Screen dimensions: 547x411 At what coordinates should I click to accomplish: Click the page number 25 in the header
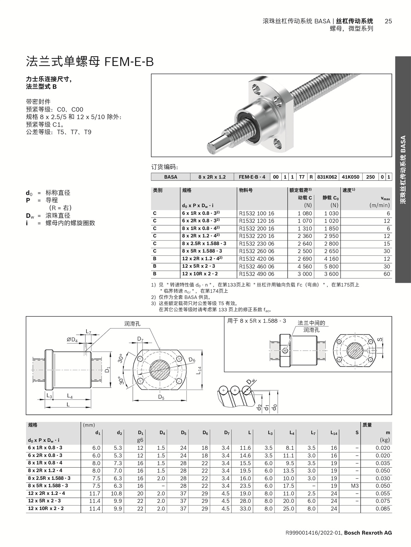[388, 21]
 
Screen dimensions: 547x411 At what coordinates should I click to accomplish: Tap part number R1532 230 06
[257, 244]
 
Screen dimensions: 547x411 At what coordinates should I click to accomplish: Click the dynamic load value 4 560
[304, 266]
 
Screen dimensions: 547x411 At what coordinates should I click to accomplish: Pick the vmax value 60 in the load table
[387, 274]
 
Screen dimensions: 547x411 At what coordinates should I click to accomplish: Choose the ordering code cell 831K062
[327, 177]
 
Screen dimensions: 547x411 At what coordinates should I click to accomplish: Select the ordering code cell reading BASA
[171, 177]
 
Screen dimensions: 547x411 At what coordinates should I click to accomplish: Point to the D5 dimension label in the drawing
[161, 397]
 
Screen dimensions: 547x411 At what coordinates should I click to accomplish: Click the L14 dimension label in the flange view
[199, 370]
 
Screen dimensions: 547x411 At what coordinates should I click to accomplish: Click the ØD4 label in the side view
[72, 340]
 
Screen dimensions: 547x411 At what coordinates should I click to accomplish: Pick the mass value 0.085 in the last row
[383, 509]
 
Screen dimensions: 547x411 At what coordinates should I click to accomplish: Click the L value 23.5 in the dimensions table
[245, 486]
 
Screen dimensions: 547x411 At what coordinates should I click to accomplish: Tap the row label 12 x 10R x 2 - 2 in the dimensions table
[46, 509]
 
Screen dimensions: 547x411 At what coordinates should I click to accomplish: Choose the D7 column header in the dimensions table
[226, 433]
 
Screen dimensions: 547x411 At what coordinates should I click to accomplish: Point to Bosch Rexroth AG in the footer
[368, 533]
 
